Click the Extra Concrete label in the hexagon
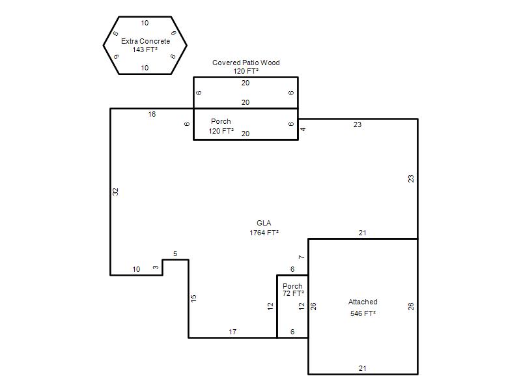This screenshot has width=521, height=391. click(x=145, y=41)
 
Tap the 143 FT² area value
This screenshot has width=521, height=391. click(x=145, y=50)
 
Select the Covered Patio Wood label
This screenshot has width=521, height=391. click(x=246, y=63)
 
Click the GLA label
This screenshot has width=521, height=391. click(x=264, y=223)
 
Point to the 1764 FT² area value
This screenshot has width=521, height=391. click(x=264, y=233)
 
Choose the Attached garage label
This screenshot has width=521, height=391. click(x=363, y=302)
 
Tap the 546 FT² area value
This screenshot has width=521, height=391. click(x=363, y=313)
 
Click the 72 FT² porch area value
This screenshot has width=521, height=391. click(x=294, y=293)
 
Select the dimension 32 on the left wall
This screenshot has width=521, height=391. click(x=115, y=192)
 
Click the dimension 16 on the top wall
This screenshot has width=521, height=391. click(x=152, y=115)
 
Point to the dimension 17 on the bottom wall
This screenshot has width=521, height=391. click(x=232, y=332)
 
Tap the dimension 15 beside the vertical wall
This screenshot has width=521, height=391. click(x=193, y=298)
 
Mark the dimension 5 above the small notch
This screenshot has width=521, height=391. click(x=175, y=253)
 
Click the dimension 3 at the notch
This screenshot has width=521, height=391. click(x=156, y=267)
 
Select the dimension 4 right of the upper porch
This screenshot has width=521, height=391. click(x=303, y=129)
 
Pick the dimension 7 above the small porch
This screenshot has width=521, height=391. click(x=302, y=257)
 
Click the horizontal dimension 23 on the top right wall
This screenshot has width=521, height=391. click(x=358, y=124)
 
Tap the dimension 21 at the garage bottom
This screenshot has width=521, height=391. click(x=363, y=368)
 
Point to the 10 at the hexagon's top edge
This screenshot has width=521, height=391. click(x=145, y=23)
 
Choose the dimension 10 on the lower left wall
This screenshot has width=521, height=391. click(x=136, y=269)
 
